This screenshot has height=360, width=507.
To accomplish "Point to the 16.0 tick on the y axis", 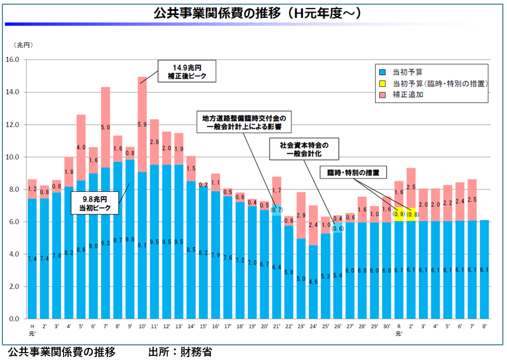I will coord(12,60).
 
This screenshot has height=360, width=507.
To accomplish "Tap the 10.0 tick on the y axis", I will coord(12,157).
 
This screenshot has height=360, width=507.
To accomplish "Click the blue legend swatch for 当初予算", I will coord(382,73).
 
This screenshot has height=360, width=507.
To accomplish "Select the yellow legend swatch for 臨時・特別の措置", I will coord(382,84).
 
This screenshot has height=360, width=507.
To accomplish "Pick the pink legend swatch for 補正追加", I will coord(382,95).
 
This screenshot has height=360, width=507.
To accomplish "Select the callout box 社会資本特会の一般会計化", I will coord(304,149).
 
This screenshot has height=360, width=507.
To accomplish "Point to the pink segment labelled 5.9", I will coord(142,124).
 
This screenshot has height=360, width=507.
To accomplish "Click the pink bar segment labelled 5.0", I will coord(106,127).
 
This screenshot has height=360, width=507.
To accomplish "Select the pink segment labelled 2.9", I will coord(301,215).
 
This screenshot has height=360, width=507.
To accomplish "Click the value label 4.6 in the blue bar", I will coord(313,282).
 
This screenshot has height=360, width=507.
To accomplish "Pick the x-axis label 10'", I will coord(142,326).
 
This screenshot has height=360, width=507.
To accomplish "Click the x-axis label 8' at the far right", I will coord(484,326).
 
